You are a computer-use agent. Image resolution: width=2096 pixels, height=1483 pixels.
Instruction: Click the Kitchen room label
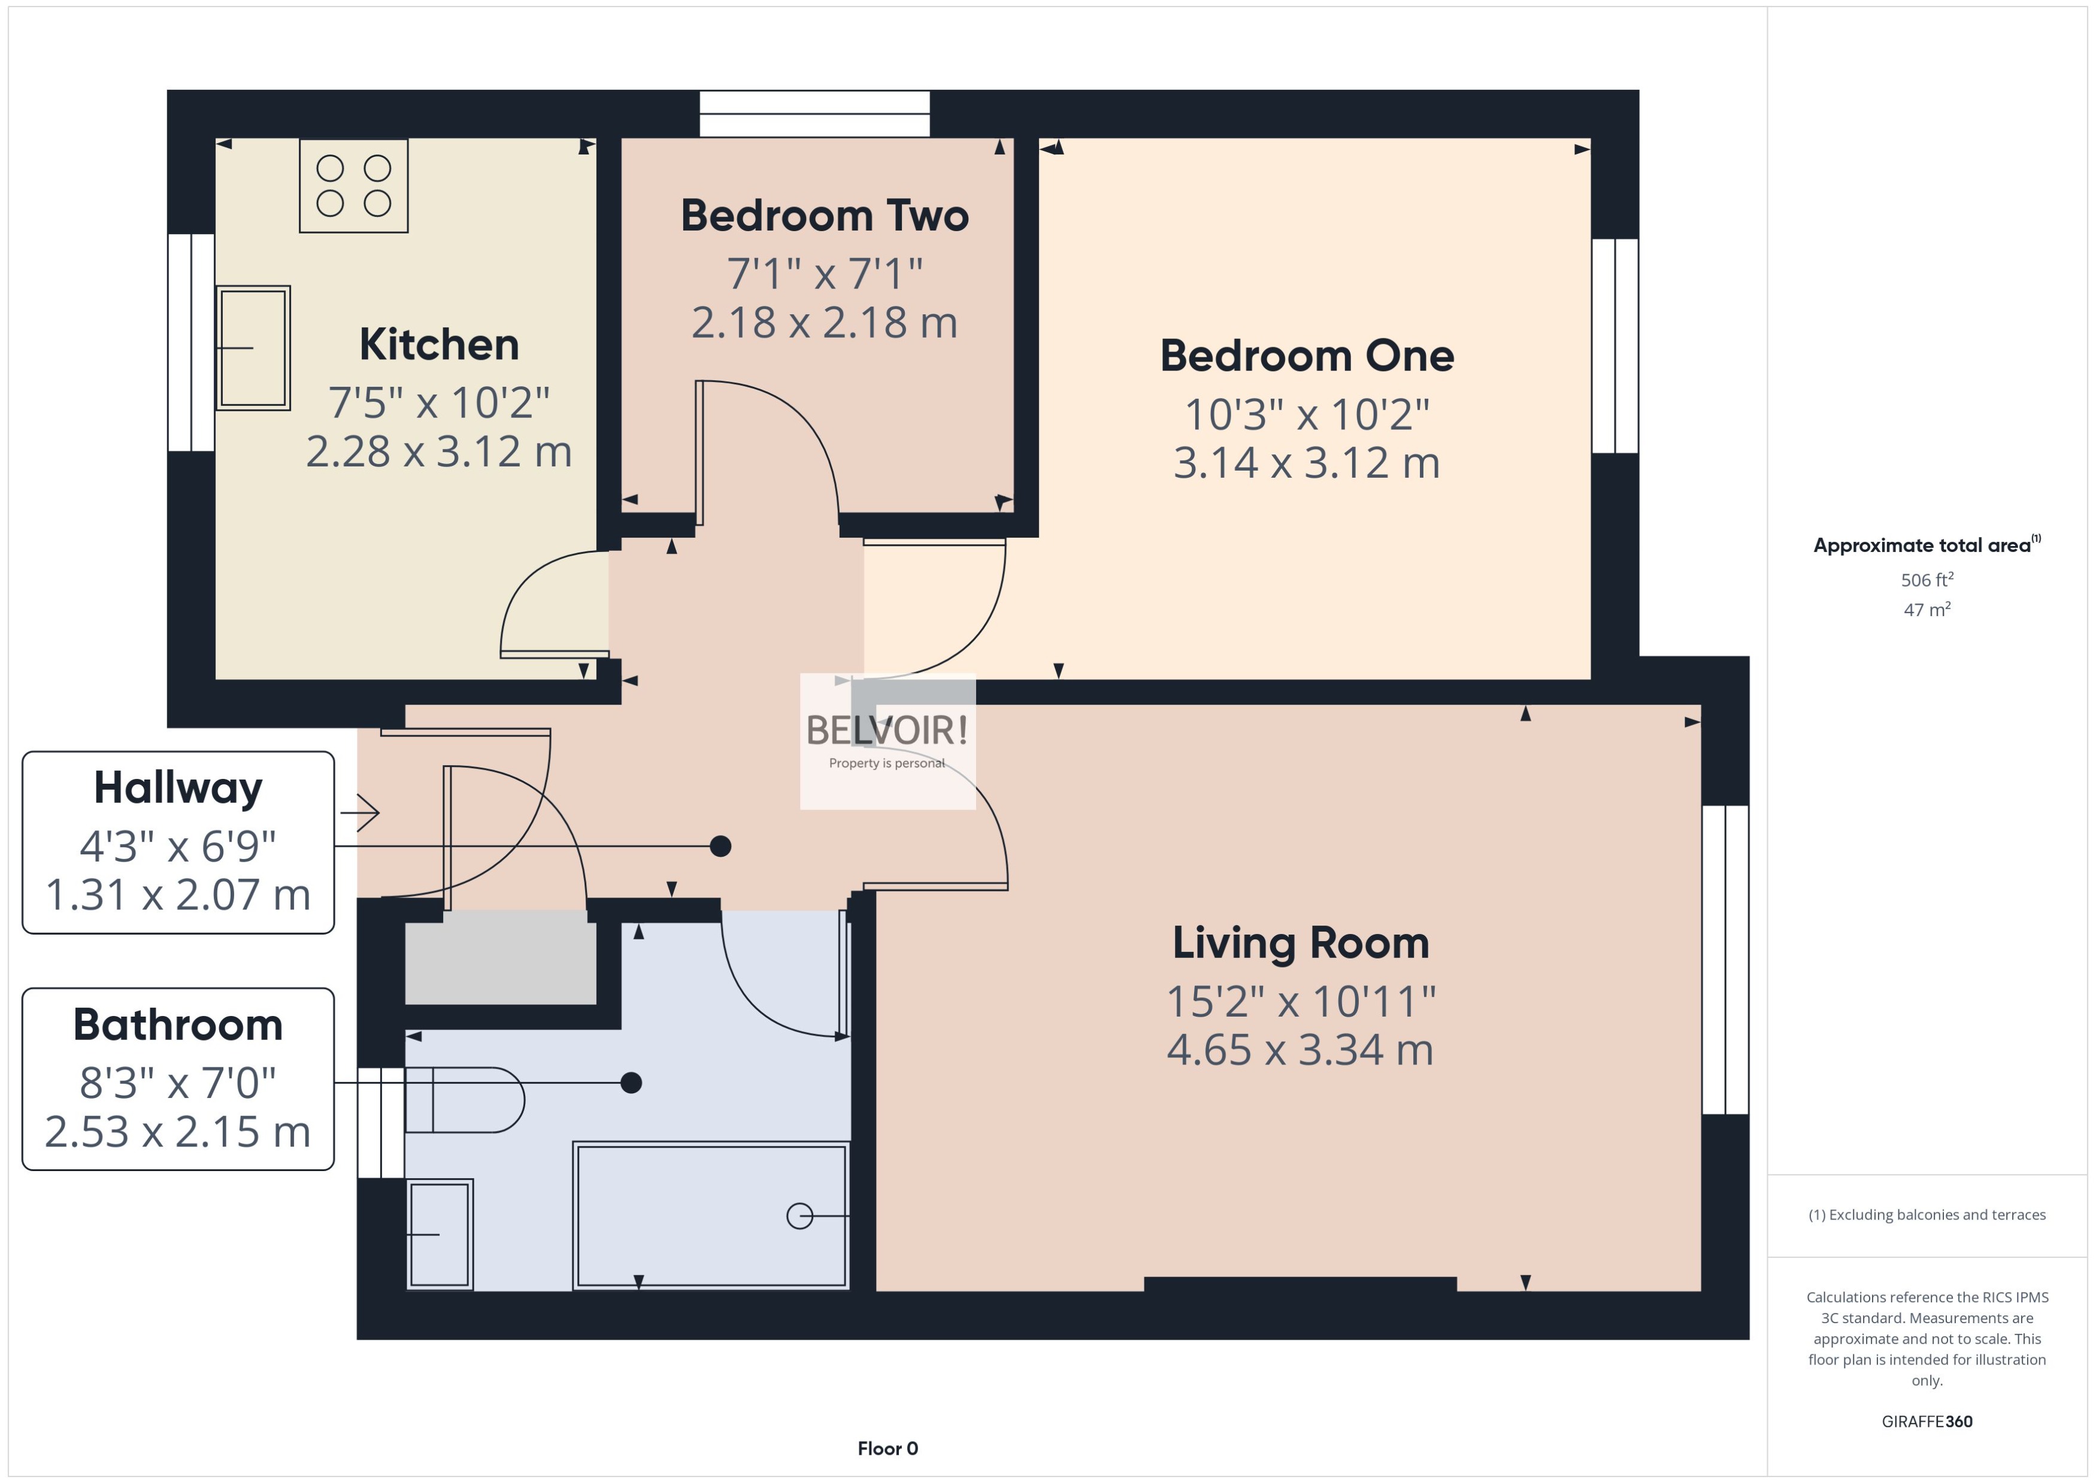(x=438, y=344)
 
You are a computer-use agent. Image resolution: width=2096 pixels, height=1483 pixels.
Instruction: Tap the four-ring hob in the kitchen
(x=353, y=186)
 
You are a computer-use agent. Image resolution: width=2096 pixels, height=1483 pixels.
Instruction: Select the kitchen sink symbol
(x=253, y=347)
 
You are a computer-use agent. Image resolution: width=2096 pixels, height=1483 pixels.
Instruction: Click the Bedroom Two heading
(x=824, y=216)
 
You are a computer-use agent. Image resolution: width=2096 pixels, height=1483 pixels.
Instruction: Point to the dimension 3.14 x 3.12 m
(x=1306, y=463)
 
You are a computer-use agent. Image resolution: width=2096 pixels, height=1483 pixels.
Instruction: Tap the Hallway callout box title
(x=178, y=787)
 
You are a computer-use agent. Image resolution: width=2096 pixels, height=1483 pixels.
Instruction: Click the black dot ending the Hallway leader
(x=720, y=847)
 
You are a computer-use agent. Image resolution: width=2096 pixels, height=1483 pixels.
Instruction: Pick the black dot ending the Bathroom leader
(x=631, y=1083)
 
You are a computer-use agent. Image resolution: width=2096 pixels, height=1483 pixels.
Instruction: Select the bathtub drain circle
(x=799, y=1217)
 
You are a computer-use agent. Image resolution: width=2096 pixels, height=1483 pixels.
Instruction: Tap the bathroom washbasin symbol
(x=440, y=1234)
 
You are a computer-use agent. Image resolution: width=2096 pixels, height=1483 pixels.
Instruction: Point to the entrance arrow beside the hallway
(x=360, y=812)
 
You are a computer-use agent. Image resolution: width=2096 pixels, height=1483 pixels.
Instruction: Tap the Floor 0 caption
(x=887, y=1448)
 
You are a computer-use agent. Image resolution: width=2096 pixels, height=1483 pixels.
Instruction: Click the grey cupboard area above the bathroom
(x=501, y=963)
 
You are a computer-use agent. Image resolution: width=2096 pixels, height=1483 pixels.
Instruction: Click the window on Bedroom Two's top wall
(x=814, y=113)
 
